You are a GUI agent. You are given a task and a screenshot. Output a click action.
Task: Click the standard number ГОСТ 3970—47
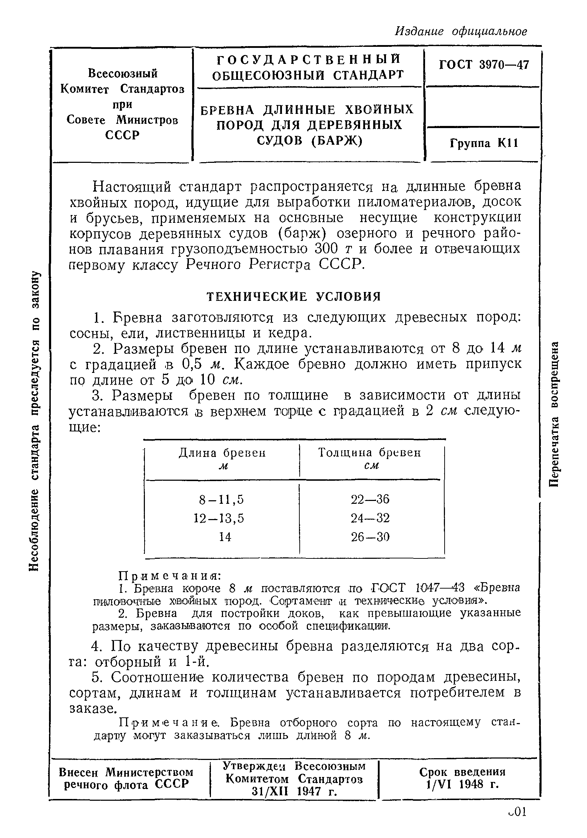[483, 65]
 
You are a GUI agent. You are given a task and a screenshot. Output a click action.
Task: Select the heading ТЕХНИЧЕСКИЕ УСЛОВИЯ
[294, 297]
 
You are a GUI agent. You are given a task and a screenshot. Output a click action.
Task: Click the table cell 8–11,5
[221, 499]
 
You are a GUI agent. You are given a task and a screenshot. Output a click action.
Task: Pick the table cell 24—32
[370, 518]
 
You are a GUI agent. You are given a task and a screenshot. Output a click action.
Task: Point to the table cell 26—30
[370, 537]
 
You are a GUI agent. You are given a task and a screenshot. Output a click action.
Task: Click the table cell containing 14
[225, 537]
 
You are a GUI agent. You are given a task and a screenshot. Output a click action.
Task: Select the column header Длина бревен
[222, 453]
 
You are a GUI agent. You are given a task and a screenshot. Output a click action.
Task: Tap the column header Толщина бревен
[369, 453]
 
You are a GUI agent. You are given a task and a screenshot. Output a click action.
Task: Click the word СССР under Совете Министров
[123, 136]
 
